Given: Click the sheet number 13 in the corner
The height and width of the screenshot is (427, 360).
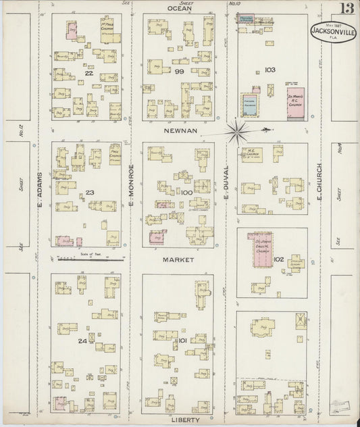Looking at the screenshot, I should [345, 9].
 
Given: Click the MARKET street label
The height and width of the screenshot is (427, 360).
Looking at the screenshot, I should [178, 259].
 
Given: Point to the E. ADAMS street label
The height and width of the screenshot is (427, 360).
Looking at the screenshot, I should [41, 189].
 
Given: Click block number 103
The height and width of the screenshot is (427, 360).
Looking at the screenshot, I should [271, 70].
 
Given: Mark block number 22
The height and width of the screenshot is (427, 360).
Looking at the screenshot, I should [88, 74].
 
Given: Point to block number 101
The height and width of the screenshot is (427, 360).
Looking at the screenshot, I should [182, 341].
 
